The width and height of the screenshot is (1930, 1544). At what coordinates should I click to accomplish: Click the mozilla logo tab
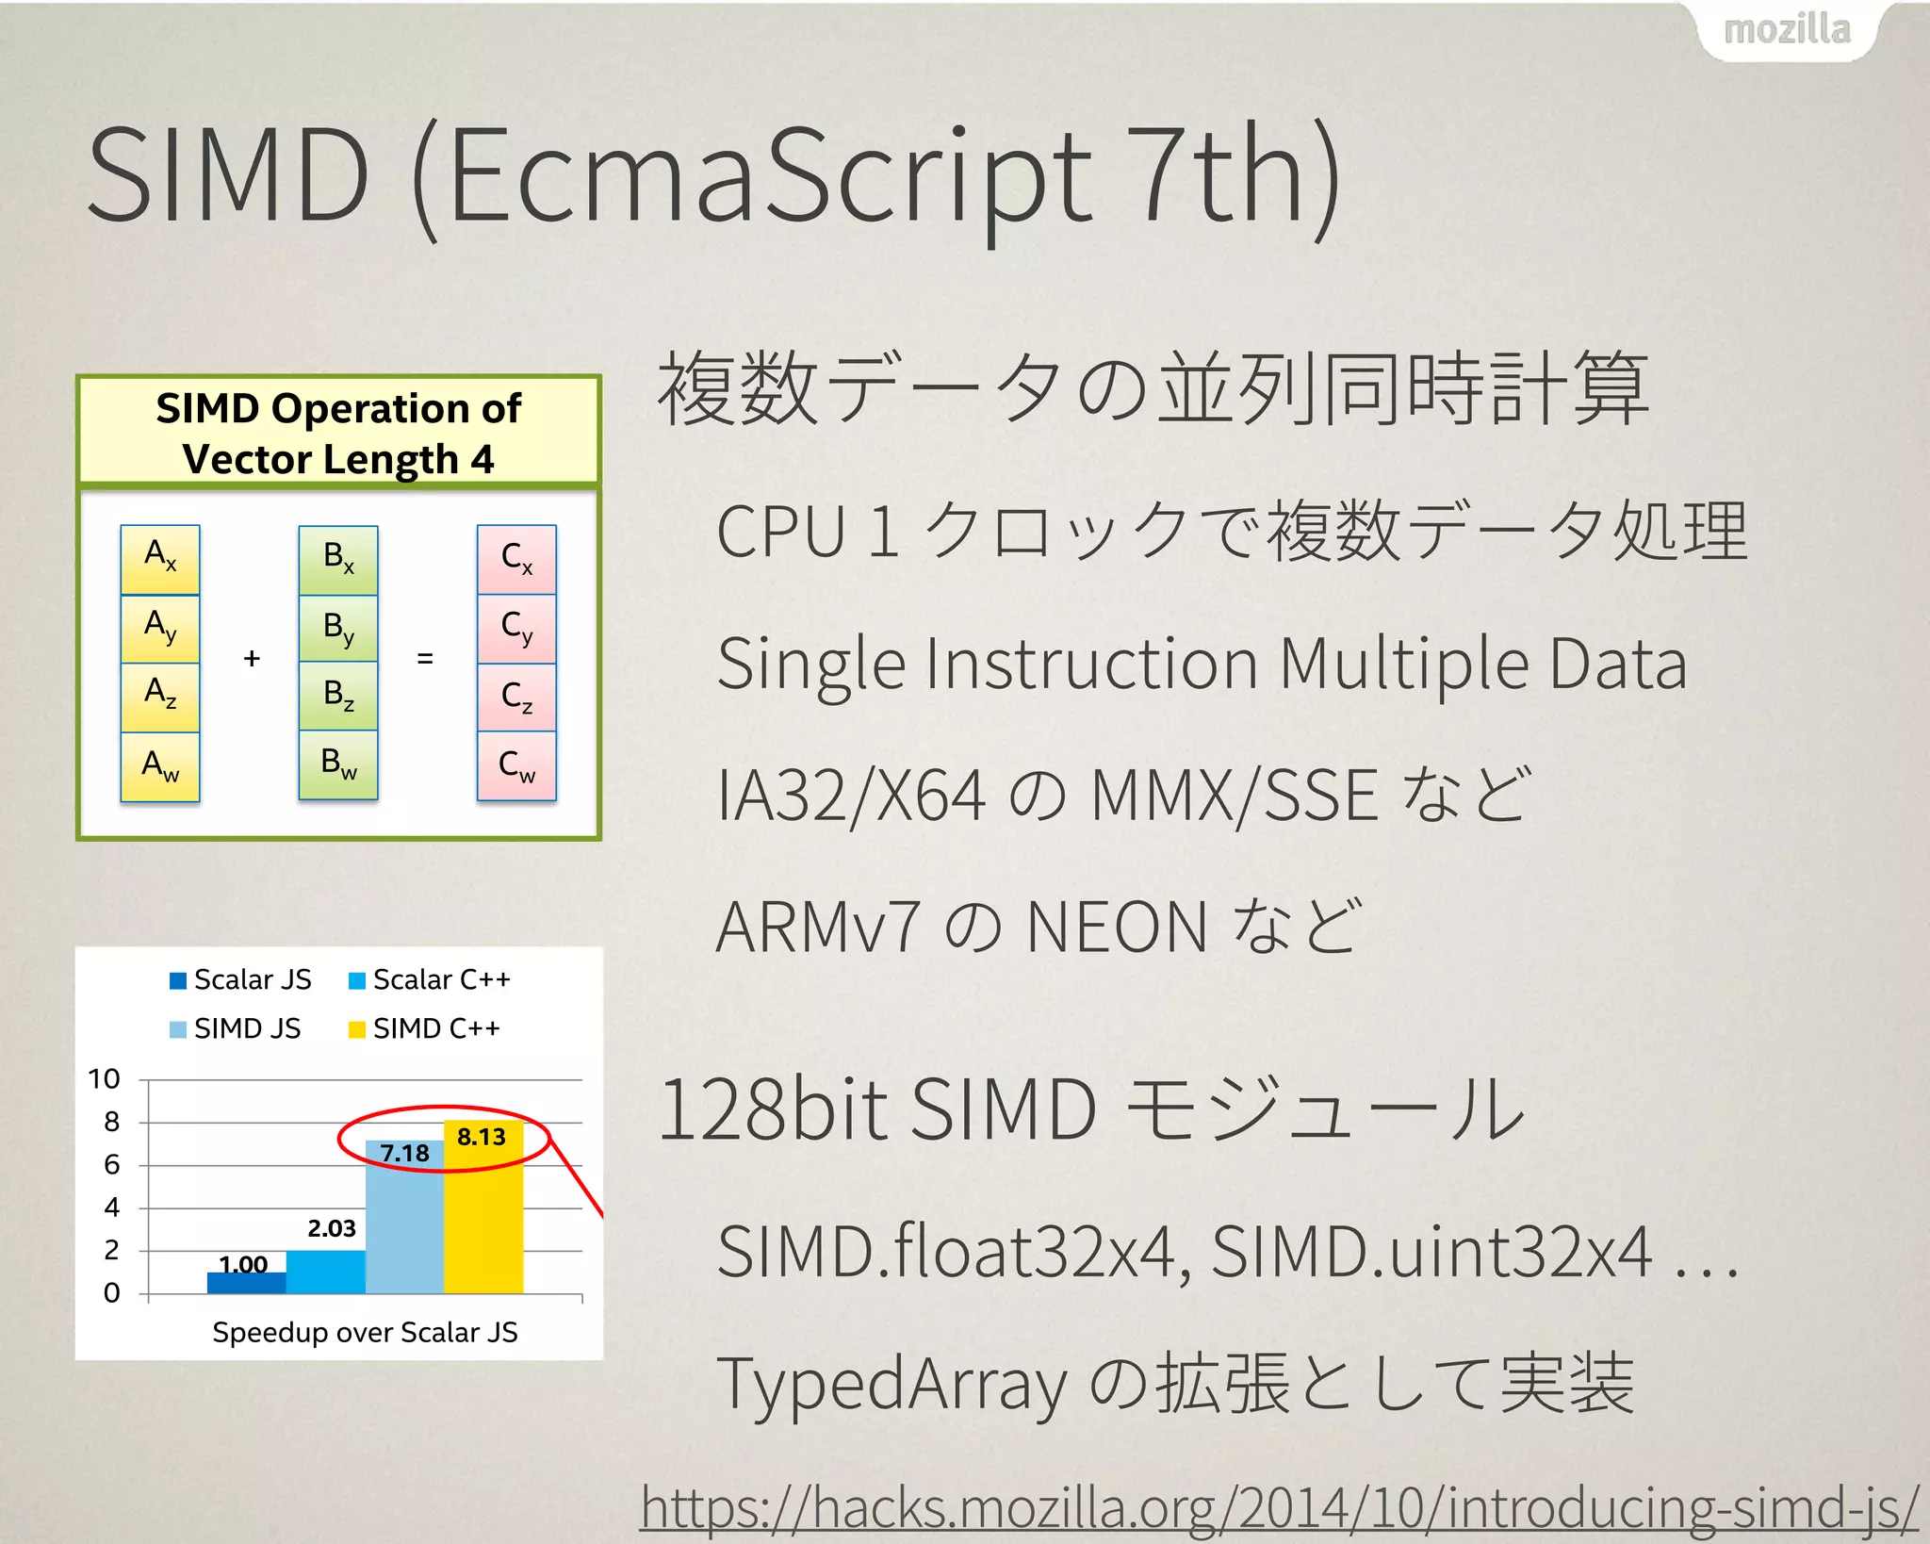point(1787,30)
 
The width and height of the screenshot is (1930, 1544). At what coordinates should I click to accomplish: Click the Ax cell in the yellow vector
point(160,557)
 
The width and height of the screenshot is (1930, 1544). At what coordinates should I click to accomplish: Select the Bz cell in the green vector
point(338,696)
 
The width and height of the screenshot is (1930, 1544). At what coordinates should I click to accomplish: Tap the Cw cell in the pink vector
point(516,765)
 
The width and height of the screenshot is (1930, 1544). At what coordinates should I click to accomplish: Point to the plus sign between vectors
point(251,658)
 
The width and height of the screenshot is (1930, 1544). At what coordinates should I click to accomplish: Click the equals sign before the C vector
point(425,658)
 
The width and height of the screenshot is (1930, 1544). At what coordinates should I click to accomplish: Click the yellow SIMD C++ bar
point(482,1216)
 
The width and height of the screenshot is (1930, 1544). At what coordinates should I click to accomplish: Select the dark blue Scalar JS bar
point(246,1283)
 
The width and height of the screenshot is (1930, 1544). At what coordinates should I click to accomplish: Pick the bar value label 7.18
point(404,1153)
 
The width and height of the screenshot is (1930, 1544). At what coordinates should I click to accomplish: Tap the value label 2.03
point(332,1228)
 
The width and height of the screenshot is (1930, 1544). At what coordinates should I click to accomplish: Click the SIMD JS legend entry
point(236,1028)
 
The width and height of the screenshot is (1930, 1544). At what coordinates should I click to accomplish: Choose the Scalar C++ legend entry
point(430,980)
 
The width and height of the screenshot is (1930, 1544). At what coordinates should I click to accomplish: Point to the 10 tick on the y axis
point(104,1079)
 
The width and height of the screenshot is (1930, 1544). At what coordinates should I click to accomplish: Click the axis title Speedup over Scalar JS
point(365,1332)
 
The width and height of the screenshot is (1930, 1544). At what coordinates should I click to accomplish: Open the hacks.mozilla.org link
point(1279,1506)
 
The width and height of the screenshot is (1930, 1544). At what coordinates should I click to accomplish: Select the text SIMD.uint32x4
point(1431,1252)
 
